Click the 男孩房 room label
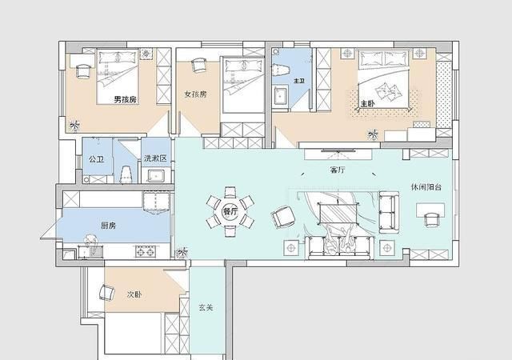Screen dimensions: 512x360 pos(125,99)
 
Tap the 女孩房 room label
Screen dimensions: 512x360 pos(195,94)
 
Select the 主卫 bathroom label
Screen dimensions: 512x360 pos(299,80)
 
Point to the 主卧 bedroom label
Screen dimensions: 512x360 pos(367,104)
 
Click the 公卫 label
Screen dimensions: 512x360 pos(96,159)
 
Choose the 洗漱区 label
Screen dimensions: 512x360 pos(155,158)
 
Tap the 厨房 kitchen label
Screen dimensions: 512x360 pos(109,226)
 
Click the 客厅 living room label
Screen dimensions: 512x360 pos(338,170)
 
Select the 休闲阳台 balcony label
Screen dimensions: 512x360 pos(426,187)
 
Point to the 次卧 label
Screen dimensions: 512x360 pos(134,294)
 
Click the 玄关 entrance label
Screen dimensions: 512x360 pos(206,307)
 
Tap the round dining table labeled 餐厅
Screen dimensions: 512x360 pos(230,212)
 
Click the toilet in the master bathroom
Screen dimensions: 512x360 pos(281,70)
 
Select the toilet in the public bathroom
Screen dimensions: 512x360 pos(126,174)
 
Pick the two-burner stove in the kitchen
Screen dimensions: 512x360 pos(146,251)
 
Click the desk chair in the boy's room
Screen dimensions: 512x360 pos(83,71)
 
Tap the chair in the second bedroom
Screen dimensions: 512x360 pos(107,292)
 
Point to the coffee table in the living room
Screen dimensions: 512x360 pos(338,213)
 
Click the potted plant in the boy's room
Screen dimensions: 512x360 pos(74,126)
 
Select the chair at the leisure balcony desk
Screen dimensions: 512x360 pos(431,219)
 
